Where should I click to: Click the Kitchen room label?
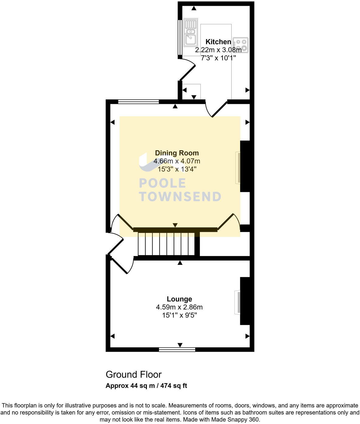(x=218, y=42)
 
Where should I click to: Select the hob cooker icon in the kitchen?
(x=241, y=45)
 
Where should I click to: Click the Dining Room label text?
(x=177, y=153)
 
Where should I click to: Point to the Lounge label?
(x=179, y=299)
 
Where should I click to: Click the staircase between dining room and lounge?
(x=166, y=244)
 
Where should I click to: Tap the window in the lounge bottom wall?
(x=177, y=350)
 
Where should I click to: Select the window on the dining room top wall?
(x=138, y=102)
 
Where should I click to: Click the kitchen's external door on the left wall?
(x=187, y=70)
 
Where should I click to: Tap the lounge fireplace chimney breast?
(x=245, y=301)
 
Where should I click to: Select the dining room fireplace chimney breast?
(x=245, y=166)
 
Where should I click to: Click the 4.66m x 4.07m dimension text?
(x=177, y=161)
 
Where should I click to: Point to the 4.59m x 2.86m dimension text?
(x=179, y=307)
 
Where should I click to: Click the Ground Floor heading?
(x=133, y=374)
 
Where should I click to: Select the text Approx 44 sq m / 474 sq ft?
(x=146, y=386)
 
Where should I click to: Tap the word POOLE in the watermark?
(x=162, y=183)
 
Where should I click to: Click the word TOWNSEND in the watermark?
(x=180, y=197)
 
